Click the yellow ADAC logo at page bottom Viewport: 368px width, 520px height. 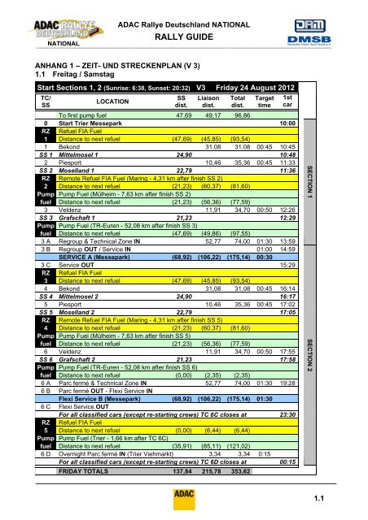pyautogui.click(x=183, y=495)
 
